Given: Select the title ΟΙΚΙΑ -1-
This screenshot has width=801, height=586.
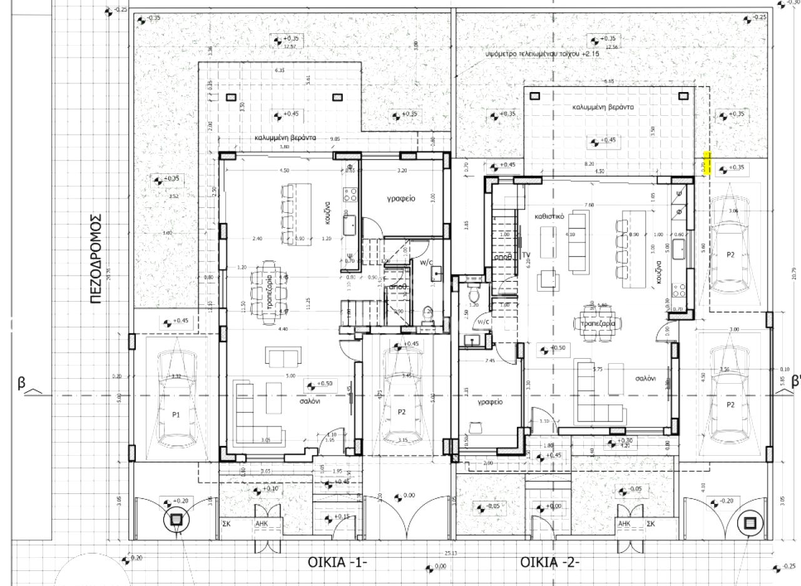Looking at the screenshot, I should [337, 562].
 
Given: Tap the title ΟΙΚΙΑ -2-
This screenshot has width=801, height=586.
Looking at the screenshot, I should [550, 562].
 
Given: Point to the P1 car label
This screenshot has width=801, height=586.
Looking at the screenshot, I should [176, 414].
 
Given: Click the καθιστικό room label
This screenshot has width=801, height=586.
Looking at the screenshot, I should [550, 215].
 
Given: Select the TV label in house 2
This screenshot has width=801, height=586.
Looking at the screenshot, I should [527, 254].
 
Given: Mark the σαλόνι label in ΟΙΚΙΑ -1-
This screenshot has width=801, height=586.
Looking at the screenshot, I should [307, 401].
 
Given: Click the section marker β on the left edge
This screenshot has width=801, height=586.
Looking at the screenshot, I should [21, 384].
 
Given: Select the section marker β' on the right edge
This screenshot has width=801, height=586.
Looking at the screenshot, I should [795, 381].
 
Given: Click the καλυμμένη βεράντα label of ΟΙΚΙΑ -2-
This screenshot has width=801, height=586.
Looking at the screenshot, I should [603, 107].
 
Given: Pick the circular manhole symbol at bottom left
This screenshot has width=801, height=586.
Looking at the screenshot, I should [176, 519].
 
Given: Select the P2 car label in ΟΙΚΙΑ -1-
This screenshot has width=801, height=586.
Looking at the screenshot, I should [402, 411].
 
